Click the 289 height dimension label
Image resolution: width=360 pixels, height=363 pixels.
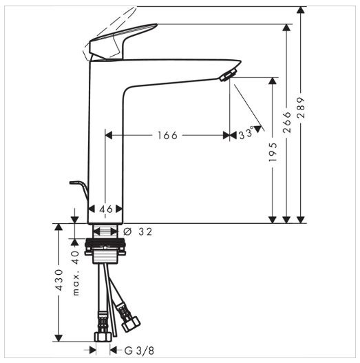point(301,107)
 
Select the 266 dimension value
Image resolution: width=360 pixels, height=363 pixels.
point(287,122)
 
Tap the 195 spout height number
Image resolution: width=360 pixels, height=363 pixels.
point(273,152)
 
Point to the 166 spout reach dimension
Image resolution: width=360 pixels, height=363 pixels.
point(167,136)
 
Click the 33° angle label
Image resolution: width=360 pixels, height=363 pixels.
point(246,134)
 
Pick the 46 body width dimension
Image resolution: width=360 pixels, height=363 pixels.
point(106,209)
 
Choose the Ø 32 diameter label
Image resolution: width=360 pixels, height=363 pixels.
point(138,231)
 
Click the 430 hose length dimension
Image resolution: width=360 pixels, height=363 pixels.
point(59,280)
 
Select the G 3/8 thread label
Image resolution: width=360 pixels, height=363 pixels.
point(139,351)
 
